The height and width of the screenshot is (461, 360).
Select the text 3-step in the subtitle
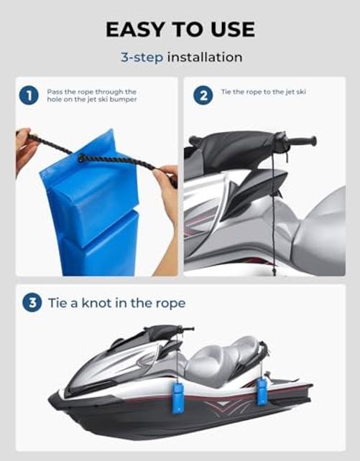tap(142, 57)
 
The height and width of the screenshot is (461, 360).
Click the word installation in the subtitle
tap(205, 57)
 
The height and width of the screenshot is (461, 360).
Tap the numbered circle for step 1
tap(29, 96)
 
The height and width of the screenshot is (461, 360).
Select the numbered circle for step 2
tap(203, 96)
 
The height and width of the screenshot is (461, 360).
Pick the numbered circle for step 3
tap(32, 302)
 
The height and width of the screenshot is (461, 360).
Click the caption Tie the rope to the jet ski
tap(264, 92)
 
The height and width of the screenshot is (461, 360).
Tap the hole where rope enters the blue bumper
tap(81, 158)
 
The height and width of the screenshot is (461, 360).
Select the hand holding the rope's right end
tap(167, 203)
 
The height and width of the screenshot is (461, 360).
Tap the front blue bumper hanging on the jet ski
tap(178, 398)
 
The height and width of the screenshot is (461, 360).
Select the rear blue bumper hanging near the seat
tap(262, 391)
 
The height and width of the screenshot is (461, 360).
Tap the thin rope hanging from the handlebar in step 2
tap(273, 212)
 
